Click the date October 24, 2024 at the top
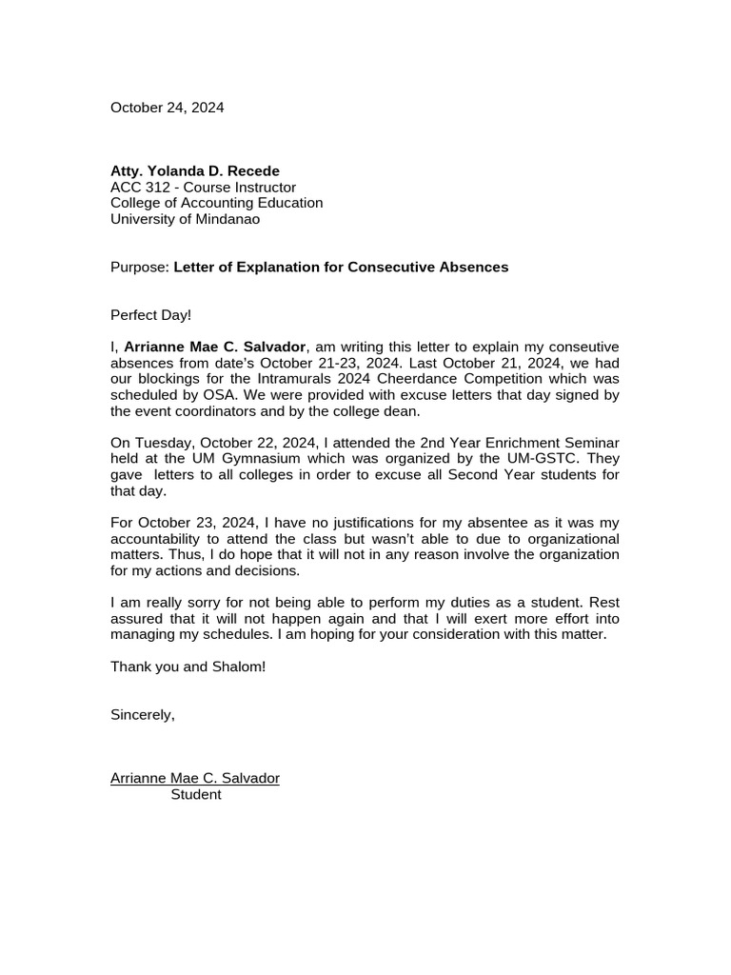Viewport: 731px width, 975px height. pyautogui.click(x=168, y=108)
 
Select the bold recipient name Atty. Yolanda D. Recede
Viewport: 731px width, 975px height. pyautogui.click(x=195, y=171)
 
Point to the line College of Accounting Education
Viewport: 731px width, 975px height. pyautogui.click(x=216, y=203)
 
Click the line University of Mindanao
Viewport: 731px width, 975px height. pyautogui.click(x=185, y=219)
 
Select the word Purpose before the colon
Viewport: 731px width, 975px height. pyautogui.click(x=138, y=268)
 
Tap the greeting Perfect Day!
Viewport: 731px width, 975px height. pyautogui.click(x=150, y=315)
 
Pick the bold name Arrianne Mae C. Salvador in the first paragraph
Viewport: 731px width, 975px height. pyautogui.click(x=215, y=347)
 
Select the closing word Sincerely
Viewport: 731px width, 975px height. pyautogui.click(x=142, y=715)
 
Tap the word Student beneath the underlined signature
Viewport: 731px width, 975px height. pyautogui.click(x=196, y=795)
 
